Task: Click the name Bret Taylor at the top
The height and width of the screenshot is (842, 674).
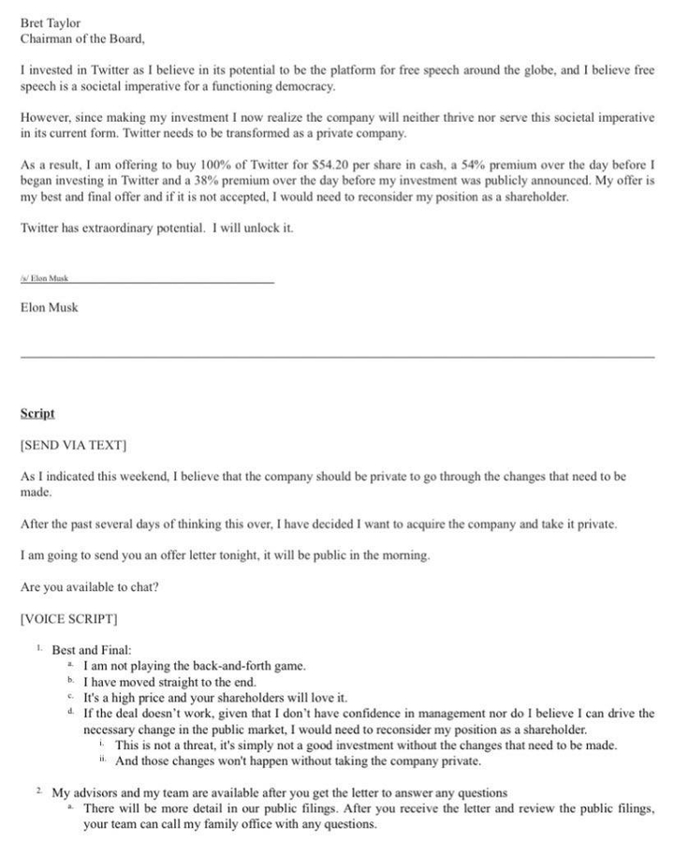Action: click(x=51, y=22)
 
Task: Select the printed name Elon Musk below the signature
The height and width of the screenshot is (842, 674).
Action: click(x=50, y=307)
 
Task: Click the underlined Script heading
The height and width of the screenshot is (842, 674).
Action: click(x=37, y=413)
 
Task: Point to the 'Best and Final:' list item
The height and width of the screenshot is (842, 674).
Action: click(x=92, y=649)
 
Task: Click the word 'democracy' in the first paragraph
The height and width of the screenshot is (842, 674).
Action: click(x=303, y=86)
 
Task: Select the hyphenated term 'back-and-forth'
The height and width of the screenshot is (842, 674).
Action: click(x=231, y=666)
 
